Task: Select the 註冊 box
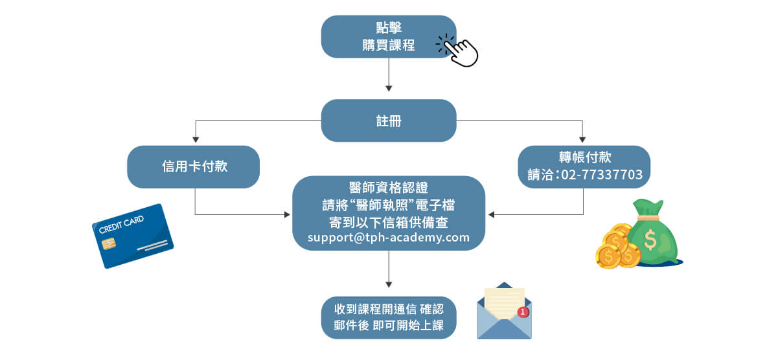click(x=389, y=120)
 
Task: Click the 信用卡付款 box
click(x=194, y=167)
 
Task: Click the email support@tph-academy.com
click(x=389, y=238)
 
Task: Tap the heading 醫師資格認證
click(x=389, y=189)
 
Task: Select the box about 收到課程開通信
click(x=389, y=317)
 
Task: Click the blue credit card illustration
click(x=133, y=236)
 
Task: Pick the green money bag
click(x=652, y=233)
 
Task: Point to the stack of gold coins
click(x=615, y=247)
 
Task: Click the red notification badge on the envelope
click(x=523, y=312)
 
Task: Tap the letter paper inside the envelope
click(x=504, y=302)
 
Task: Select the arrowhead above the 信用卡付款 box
click(x=195, y=139)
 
